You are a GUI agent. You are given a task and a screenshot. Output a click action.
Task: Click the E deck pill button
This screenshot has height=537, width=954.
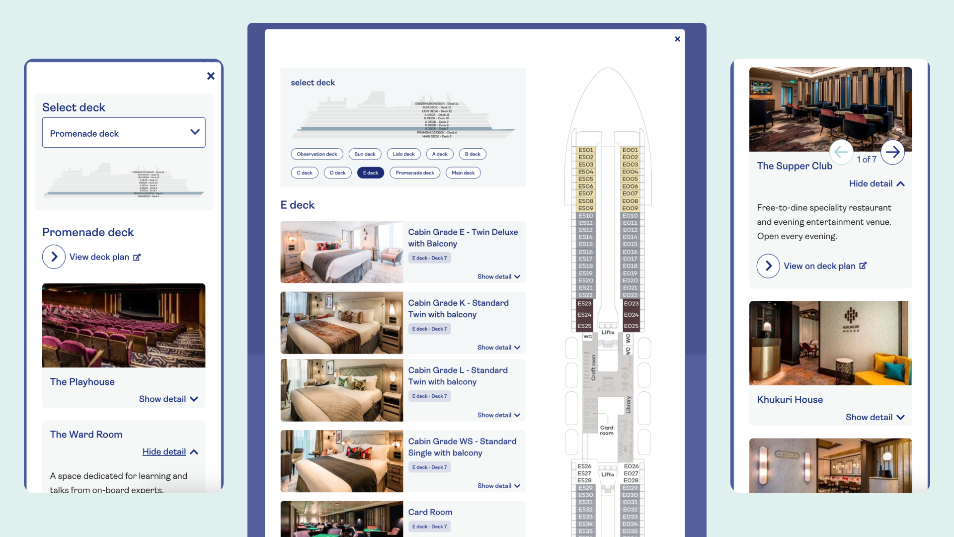370,173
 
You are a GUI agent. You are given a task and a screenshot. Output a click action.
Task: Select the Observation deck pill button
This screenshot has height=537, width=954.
317,154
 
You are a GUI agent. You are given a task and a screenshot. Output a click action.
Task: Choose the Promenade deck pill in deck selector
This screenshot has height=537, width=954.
414,173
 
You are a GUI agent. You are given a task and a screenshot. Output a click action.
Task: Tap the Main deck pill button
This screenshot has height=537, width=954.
463,173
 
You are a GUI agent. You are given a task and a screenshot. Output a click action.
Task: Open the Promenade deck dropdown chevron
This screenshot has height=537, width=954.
195,132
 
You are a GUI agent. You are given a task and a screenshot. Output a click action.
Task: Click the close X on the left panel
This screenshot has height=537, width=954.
211,76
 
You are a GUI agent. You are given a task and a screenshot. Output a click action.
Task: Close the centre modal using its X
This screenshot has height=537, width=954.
677,39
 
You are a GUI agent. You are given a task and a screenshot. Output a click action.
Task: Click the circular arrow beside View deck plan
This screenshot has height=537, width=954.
54,257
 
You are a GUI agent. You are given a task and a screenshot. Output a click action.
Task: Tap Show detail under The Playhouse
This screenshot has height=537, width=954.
168,399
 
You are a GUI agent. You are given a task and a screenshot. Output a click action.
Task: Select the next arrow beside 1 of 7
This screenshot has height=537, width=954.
892,152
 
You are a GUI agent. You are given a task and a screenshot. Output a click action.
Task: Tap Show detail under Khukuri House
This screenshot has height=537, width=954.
874,418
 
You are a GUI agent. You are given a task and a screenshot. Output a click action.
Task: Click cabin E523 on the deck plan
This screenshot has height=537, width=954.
584,304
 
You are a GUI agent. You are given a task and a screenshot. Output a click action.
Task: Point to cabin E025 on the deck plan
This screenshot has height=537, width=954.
631,326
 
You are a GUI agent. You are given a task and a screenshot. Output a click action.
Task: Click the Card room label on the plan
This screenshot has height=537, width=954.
607,431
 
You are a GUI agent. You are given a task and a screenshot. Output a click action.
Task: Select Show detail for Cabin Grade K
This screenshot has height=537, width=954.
498,348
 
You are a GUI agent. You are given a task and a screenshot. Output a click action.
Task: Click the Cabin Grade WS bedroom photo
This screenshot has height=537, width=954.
341,461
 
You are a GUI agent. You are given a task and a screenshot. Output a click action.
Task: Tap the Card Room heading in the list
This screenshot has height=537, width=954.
430,512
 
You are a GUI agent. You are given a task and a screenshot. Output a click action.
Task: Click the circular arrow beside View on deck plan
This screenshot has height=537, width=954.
768,266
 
